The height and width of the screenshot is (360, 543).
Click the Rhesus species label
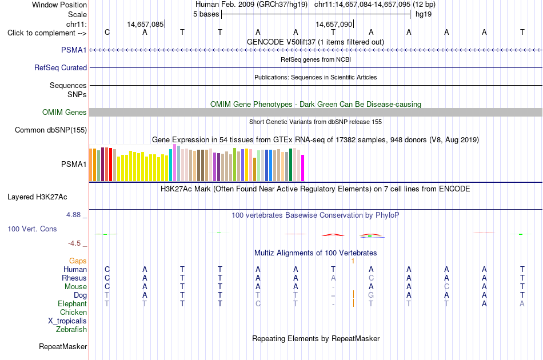74,278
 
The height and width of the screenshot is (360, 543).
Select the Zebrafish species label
71,330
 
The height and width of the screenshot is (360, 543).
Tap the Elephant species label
72,303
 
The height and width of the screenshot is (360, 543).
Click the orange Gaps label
78,261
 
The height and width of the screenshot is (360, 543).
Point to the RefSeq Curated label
61,68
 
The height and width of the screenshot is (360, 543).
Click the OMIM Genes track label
65,112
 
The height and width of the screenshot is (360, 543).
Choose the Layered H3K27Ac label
37,197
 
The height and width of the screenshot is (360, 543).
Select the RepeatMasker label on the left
63,347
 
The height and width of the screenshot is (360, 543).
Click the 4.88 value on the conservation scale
73,215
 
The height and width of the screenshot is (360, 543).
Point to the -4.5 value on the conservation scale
74,243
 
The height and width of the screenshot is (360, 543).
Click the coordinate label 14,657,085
145,24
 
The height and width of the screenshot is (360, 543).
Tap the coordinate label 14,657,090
334,24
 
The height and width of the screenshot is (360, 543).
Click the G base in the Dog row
371,295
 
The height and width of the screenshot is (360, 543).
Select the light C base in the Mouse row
446,287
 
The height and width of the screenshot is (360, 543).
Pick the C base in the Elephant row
258,303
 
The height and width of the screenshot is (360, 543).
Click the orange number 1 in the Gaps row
353,261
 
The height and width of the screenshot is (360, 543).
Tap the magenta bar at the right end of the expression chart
303,168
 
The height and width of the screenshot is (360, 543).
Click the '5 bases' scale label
206,14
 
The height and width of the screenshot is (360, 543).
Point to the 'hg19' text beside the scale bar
424,14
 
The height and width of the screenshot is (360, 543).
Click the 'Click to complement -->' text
47,33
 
